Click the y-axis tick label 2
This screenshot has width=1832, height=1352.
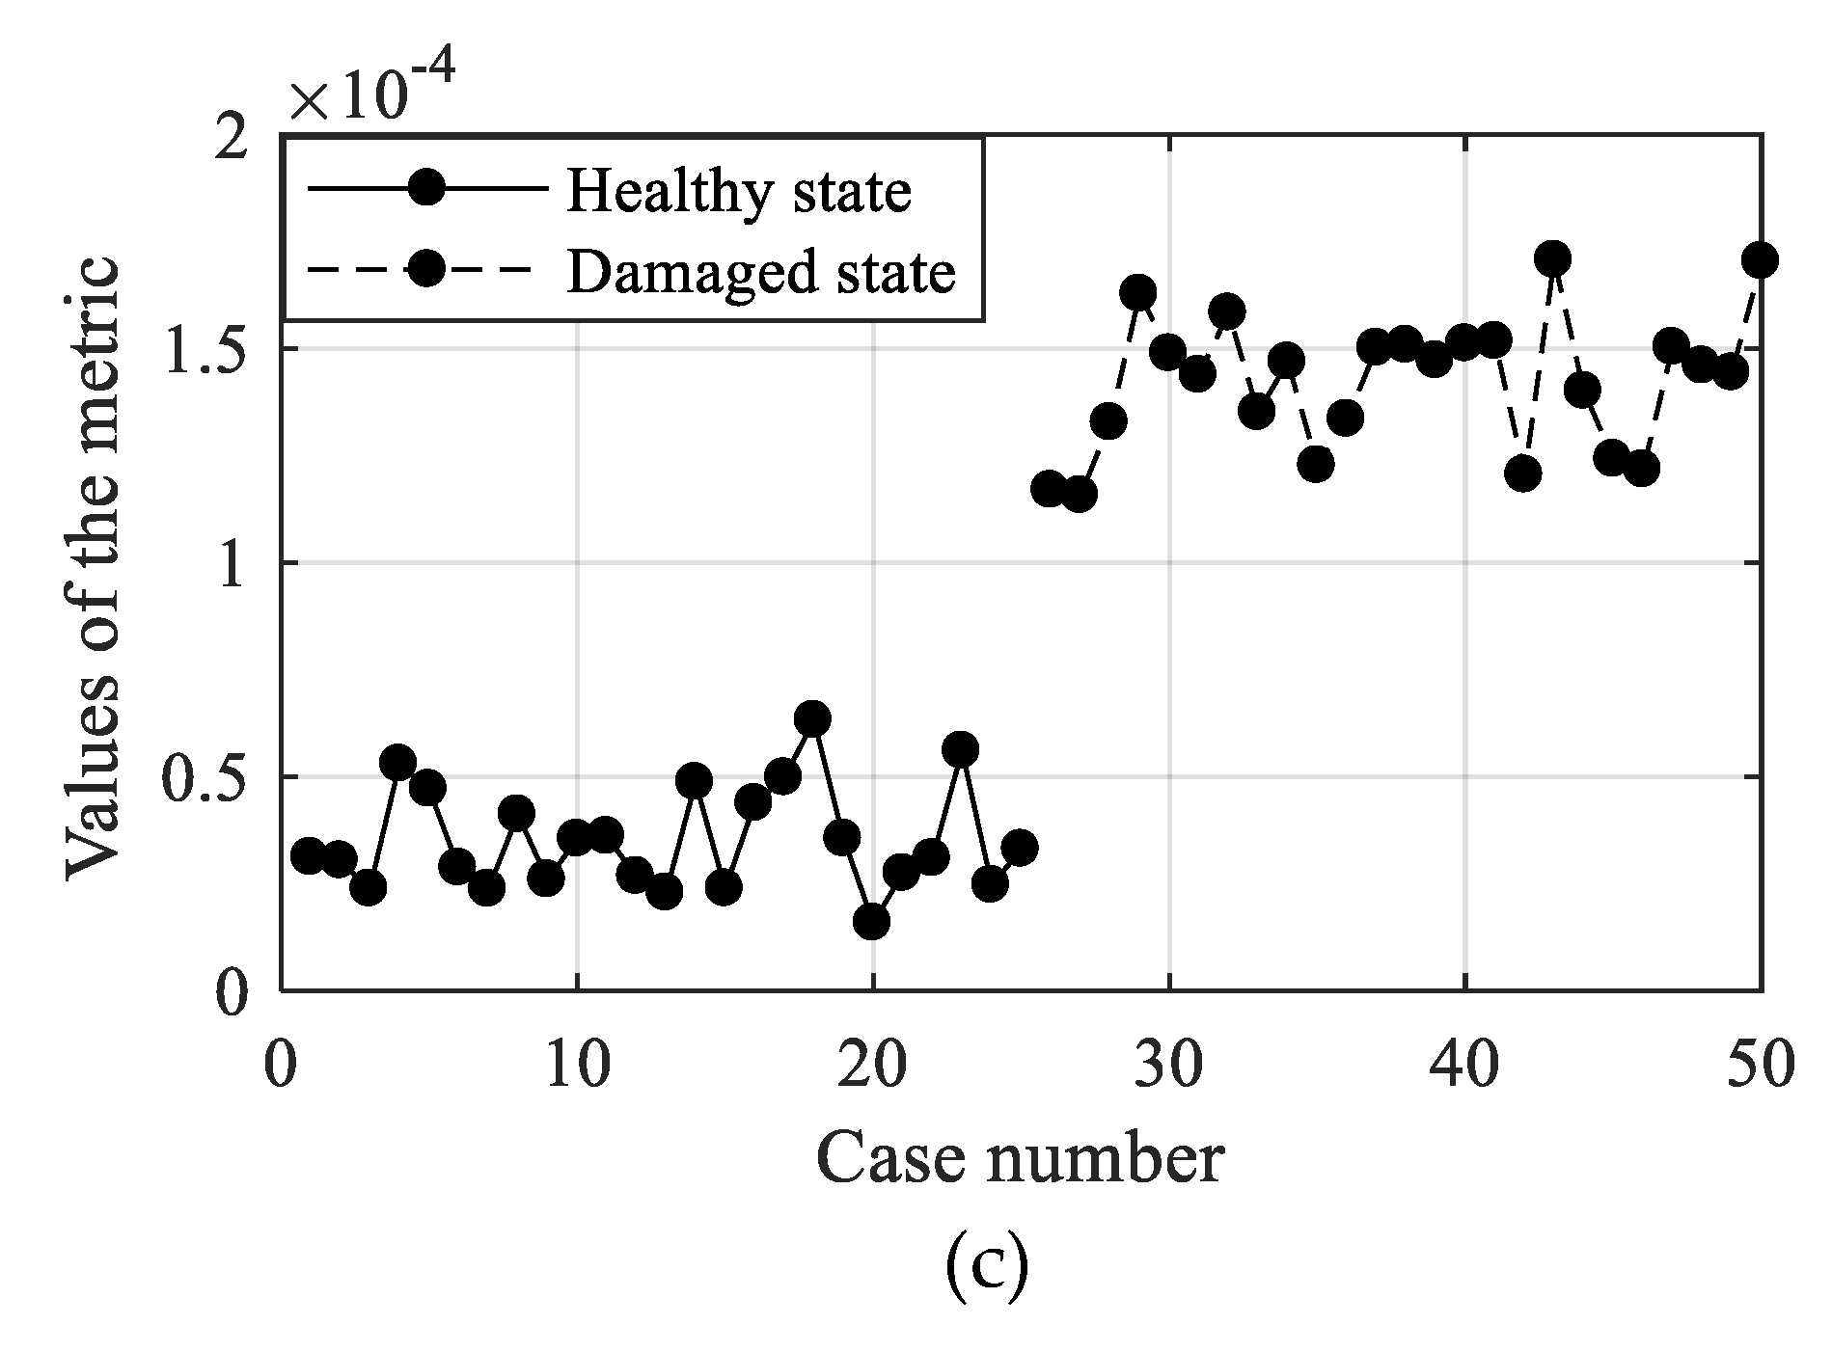pyautogui.click(x=234, y=138)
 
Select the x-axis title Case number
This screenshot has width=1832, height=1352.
pyautogui.click(x=1020, y=1158)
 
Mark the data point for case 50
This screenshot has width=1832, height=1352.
pyautogui.click(x=1760, y=260)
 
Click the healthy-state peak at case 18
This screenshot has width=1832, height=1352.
pyautogui.click(x=812, y=718)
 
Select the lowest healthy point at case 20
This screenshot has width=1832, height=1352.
pyautogui.click(x=871, y=921)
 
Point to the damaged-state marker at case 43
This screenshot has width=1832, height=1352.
pyautogui.click(x=1552, y=258)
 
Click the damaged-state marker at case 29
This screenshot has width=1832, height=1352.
pyautogui.click(x=1138, y=291)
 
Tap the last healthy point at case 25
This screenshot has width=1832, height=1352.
pyautogui.click(x=1019, y=848)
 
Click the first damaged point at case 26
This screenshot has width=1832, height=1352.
pyautogui.click(x=1049, y=489)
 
